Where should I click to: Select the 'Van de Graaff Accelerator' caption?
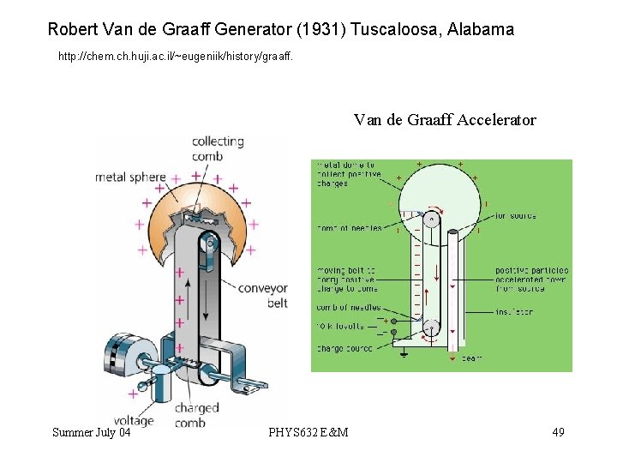pyautogui.click(x=445, y=120)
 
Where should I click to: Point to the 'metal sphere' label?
pyautogui.click(x=130, y=177)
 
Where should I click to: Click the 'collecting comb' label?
pyautogui.click(x=218, y=148)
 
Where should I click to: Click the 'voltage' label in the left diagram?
pyautogui.click(x=132, y=421)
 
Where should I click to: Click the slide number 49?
pyautogui.click(x=558, y=432)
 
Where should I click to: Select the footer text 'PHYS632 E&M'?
pyautogui.click(x=308, y=432)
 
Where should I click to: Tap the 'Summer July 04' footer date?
pyautogui.click(x=92, y=432)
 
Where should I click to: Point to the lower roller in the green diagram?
pyautogui.click(x=430, y=327)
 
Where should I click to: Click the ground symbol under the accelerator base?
pyautogui.click(x=404, y=352)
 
